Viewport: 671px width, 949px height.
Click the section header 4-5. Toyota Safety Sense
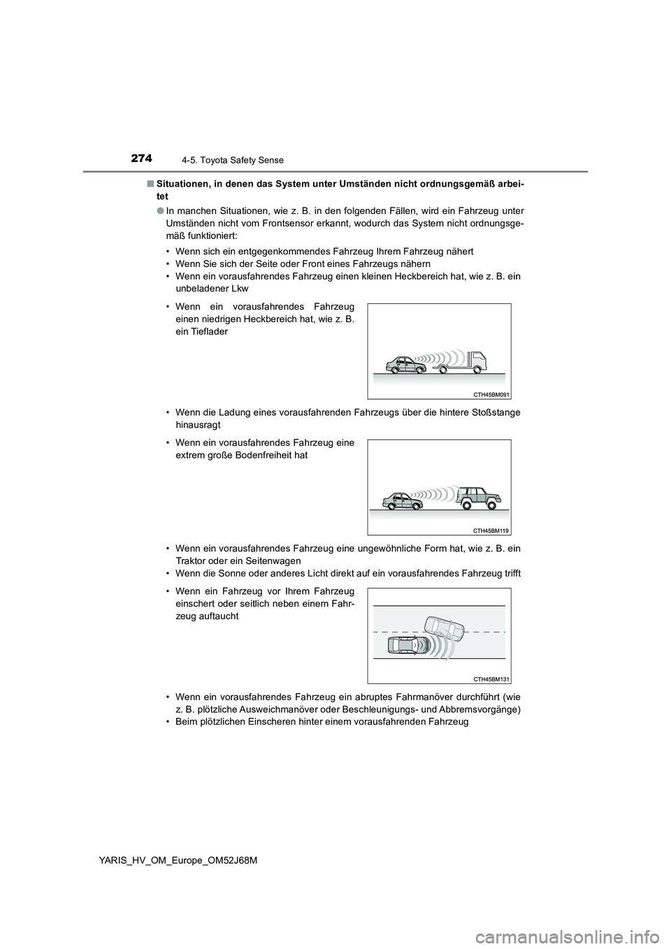pos(238,160)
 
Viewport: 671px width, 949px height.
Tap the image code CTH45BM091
pos(486,395)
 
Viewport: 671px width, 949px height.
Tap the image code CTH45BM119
pos(486,531)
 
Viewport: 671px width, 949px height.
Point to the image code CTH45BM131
pos(486,679)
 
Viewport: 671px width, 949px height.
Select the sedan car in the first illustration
pos(406,365)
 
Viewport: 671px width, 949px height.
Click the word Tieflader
pos(201,332)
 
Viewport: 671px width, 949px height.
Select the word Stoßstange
pos(496,412)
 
